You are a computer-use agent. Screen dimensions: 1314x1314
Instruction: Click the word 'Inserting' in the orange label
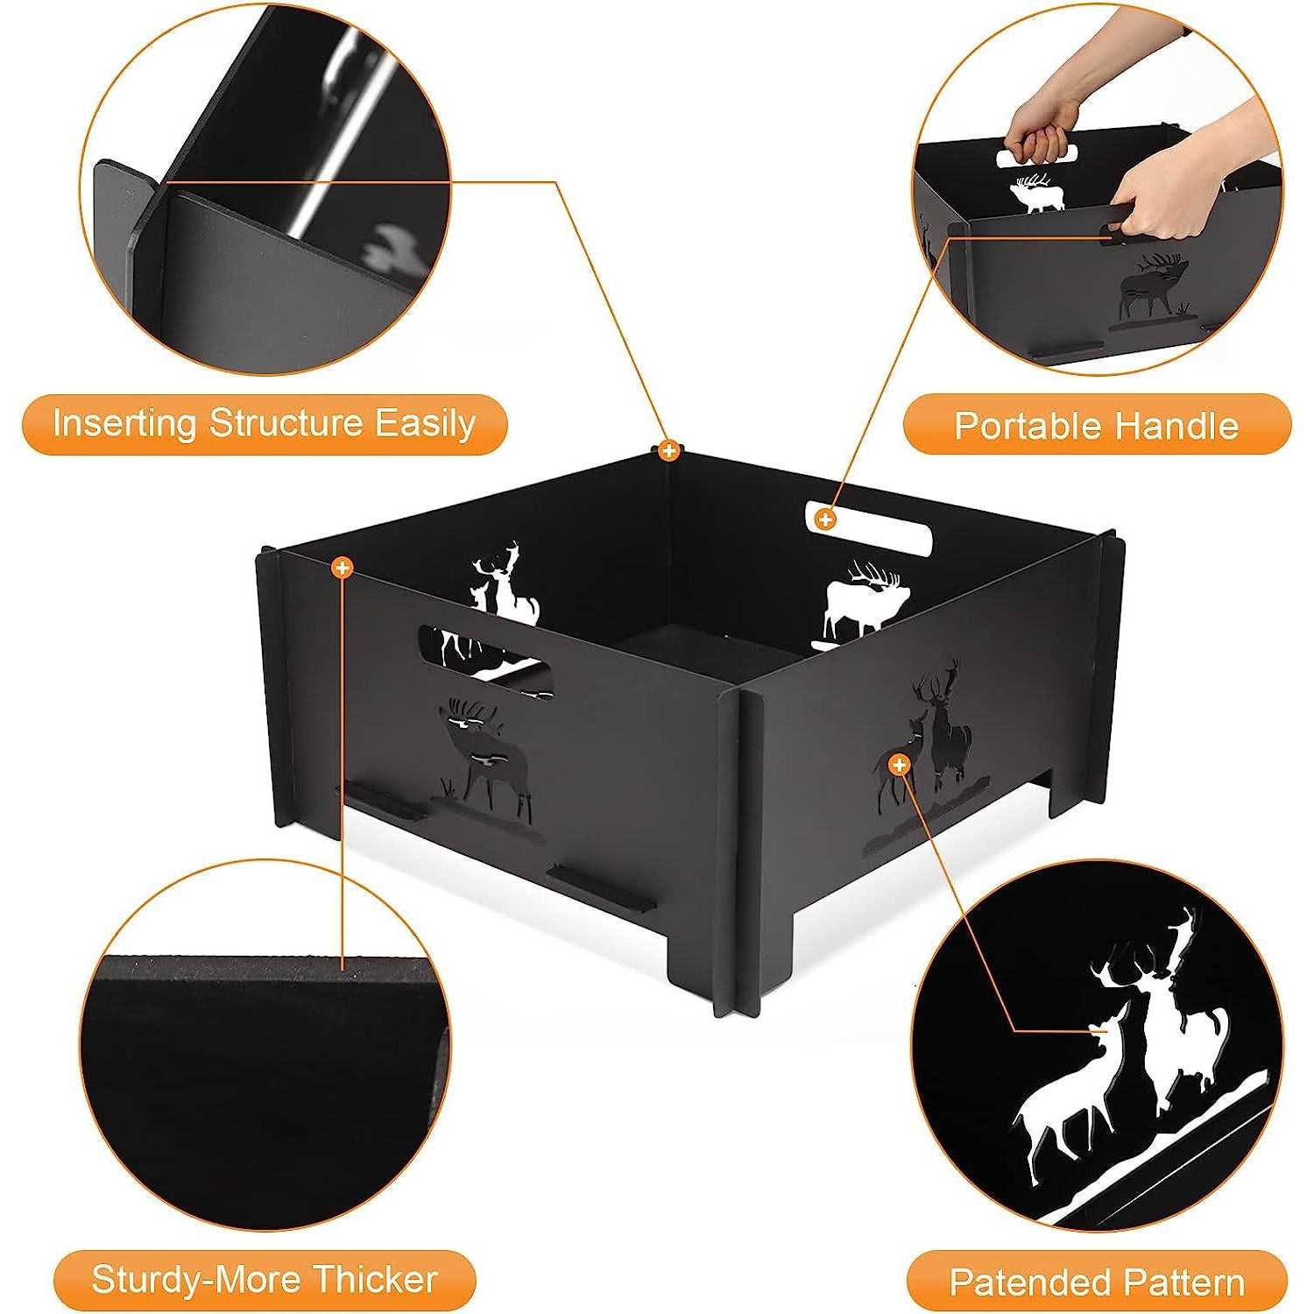point(124,424)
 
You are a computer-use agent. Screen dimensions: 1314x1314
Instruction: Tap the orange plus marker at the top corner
point(668,451)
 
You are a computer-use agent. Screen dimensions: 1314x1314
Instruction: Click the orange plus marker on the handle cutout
point(824,519)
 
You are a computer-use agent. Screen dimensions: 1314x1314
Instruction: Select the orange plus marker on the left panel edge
point(343,569)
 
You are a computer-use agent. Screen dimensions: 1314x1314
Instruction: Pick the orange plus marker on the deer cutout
point(899,766)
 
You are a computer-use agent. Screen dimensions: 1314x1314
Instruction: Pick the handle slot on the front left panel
point(486,661)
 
